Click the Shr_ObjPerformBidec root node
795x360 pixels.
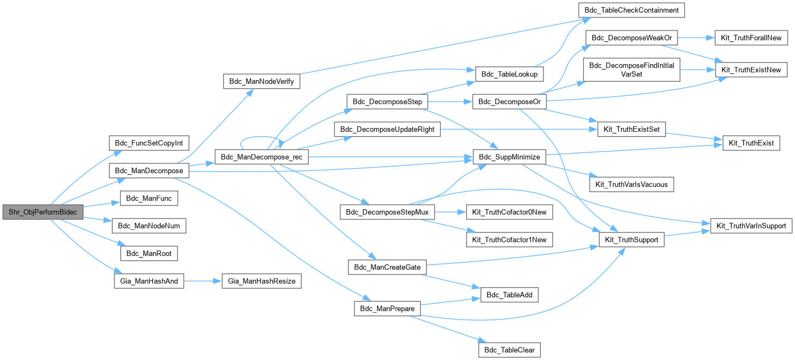[43, 212]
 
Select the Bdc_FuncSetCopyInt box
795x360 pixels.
[149, 144]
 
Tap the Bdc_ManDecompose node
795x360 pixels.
[149, 171]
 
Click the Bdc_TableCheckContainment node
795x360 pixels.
[631, 10]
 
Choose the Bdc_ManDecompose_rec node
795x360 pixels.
[262, 157]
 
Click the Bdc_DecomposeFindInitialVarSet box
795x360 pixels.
[632, 70]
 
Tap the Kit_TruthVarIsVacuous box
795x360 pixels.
[632, 185]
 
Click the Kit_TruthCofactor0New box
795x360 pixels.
[509, 212]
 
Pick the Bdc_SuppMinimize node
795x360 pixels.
[509, 157]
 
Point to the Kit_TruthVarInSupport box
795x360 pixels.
[750, 226]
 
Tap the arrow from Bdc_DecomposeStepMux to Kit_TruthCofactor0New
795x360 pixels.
[449, 212]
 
